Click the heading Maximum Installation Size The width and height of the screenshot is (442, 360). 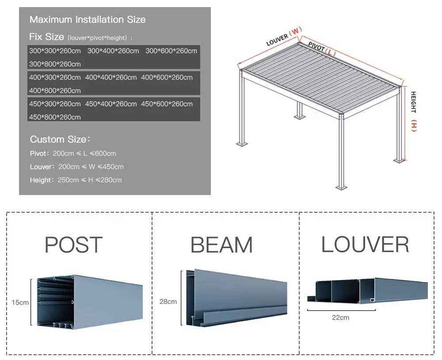click(88, 19)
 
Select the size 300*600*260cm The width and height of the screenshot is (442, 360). click(171, 51)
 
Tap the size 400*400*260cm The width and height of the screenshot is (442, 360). click(111, 77)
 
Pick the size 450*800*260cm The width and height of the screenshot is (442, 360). click(55, 117)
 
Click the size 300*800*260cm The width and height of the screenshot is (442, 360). click(55, 64)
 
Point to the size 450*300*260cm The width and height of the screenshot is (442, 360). click(55, 104)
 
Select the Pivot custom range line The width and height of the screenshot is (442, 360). click(73, 153)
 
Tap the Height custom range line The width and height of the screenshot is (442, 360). click(76, 180)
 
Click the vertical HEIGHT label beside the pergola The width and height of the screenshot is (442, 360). click(414, 102)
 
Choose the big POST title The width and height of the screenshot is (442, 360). click(74, 245)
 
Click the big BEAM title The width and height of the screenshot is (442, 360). click(221, 245)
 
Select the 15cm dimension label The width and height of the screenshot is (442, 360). click(20, 303)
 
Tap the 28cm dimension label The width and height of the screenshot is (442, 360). click(168, 302)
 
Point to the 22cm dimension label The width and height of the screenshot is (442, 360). click(341, 317)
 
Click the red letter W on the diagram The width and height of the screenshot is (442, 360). click(296, 31)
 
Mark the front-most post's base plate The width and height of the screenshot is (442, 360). click(341, 188)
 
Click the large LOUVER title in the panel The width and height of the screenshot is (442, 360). click(365, 245)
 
